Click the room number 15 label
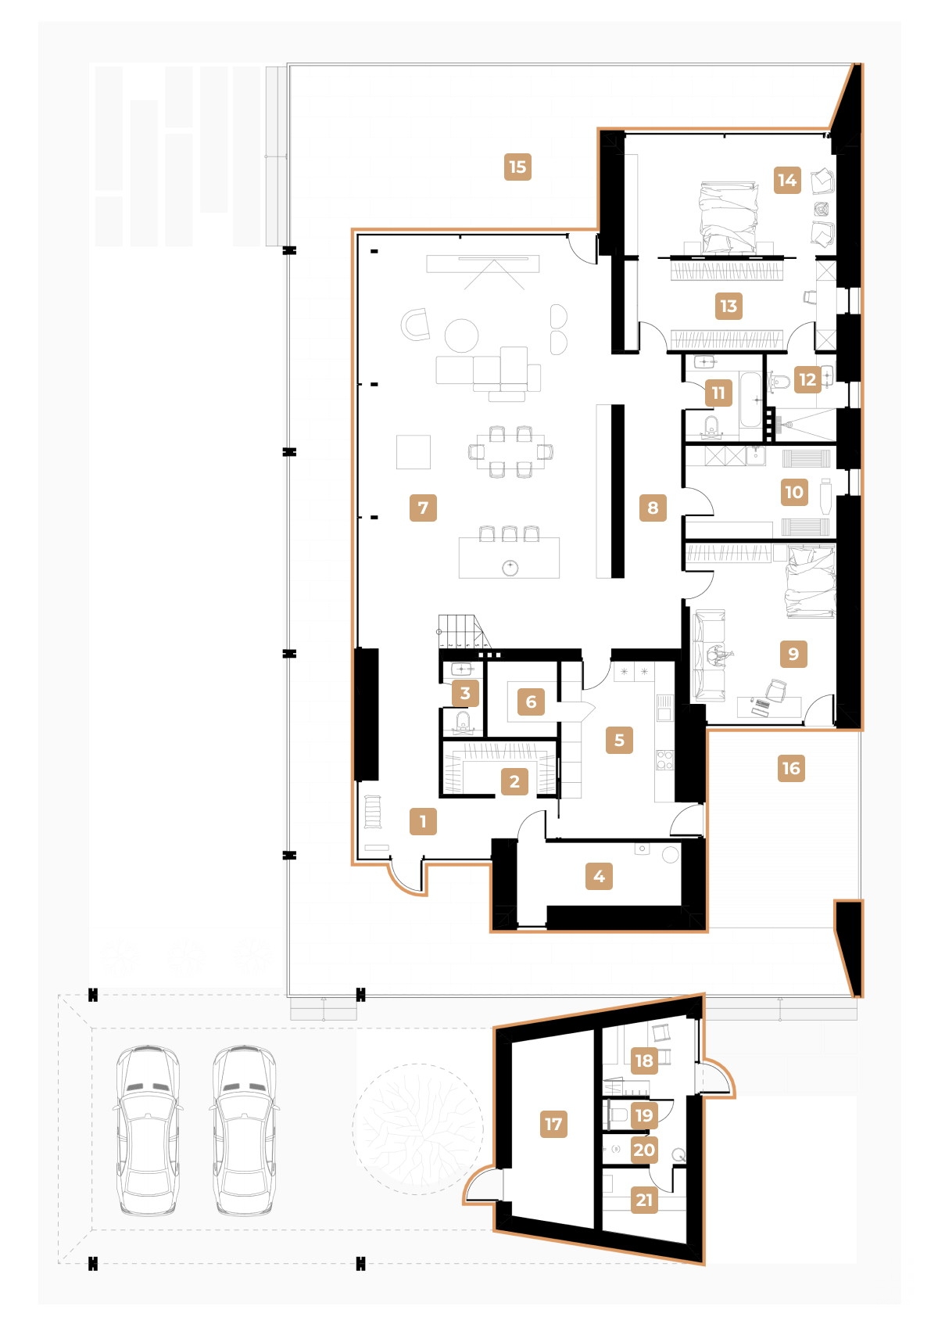tap(517, 167)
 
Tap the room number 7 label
tap(423, 508)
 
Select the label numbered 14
tap(787, 180)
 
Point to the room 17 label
tap(553, 1124)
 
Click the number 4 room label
tap(599, 876)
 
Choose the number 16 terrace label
tap(791, 768)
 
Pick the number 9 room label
tap(793, 653)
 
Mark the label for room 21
tap(644, 1200)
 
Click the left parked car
tap(148, 1130)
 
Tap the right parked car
tap(244, 1130)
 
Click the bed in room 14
tap(729, 217)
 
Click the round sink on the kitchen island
tap(510, 567)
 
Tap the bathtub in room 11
tap(751, 400)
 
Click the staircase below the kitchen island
tap(461, 630)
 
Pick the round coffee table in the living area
tap(461, 336)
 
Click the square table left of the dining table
tap(413, 452)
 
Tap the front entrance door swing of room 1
tap(406, 878)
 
